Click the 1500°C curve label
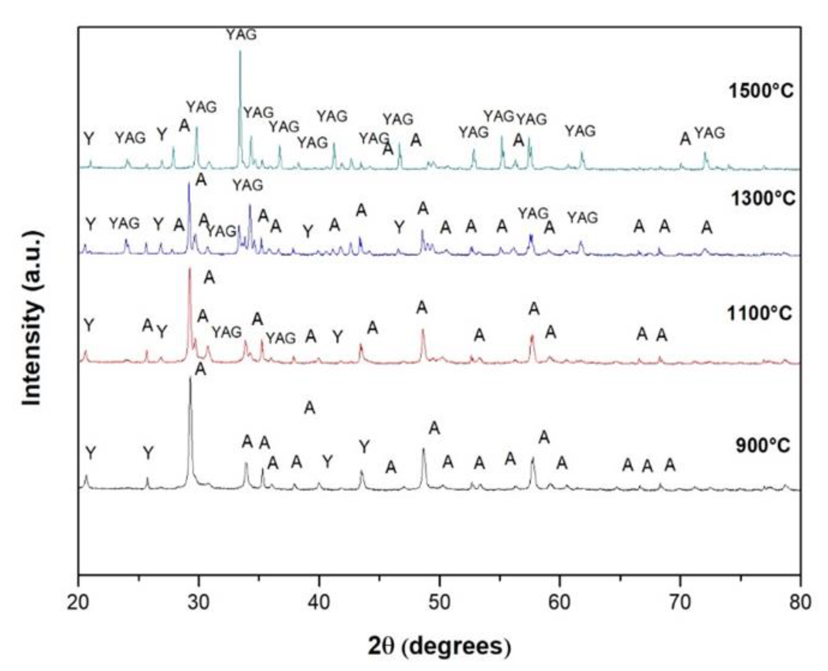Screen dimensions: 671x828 [x=761, y=91]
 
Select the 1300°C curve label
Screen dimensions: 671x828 [x=763, y=199]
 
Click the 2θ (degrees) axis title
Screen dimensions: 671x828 [x=439, y=646]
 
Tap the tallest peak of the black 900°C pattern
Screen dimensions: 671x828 [x=190, y=379]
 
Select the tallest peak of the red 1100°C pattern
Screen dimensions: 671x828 [x=190, y=269]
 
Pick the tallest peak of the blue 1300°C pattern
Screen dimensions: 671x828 [x=189, y=184]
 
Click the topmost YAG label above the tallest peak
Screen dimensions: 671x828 [x=241, y=35]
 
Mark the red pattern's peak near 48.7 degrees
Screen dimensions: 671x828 [x=423, y=330]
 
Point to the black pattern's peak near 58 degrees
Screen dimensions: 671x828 [x=533, y=459]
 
